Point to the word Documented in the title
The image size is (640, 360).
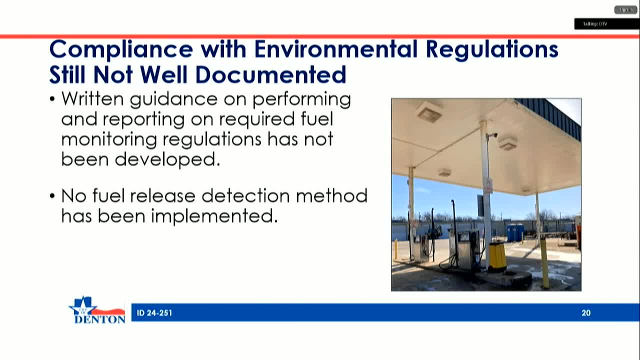coord(270,75)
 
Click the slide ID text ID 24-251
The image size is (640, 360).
coord(154,313)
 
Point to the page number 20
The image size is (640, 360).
coord(586,313)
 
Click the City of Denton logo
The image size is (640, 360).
coord(97,310)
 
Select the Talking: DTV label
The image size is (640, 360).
coord(595,24)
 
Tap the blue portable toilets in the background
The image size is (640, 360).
coord(515,232)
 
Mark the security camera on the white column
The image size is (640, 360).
coord(492,135)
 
